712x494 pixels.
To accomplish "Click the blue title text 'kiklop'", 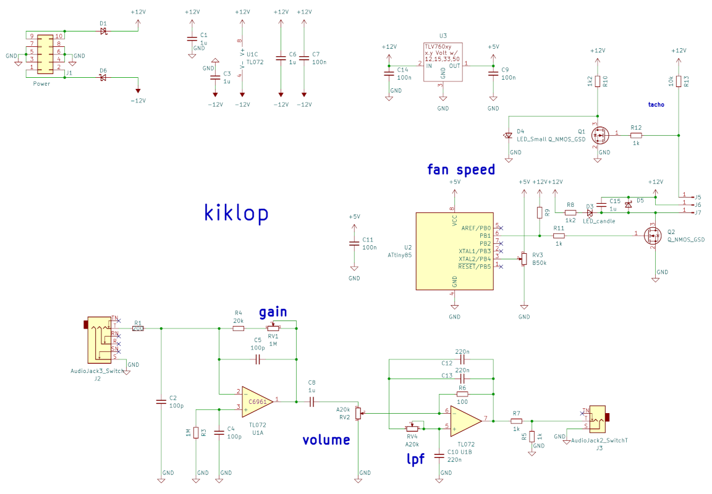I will pyautogui.click(x=237, y=213).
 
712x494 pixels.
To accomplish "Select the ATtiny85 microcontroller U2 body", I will pyautogui.click(x=454, y=251).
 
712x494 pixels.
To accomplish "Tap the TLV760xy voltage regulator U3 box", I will pyautogui.click(x=443, y=62).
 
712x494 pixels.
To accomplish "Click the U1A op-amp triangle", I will pyautogui.click(x=257, y=401).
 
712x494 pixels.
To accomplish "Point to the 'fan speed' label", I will pyautogui.click(x=461, y=170).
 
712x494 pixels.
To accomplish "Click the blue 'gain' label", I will pyautogui.click(x=273, y=312).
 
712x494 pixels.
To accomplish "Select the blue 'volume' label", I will pyautogui.click(x=326, y=440).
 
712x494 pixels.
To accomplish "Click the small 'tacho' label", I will pyautogui.click(x=656, y=105).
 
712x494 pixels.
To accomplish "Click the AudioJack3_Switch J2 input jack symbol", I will pyautogui.click(x=99, y=339).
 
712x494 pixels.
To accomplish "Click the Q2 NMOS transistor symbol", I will pyautogui.click(x=653, y=235).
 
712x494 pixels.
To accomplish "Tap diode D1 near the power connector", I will pyautogui.click(x=104, y=31).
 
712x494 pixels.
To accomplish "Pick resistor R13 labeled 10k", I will pyautogui.click(x=679, y=82).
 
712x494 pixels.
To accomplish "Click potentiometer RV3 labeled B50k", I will pyautogui.click(x=524, y=259).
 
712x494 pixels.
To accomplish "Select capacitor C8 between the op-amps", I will pyautogui.click(x=311, y=401).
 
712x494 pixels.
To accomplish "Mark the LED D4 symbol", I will pyautogui.click(x=508, y=135).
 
